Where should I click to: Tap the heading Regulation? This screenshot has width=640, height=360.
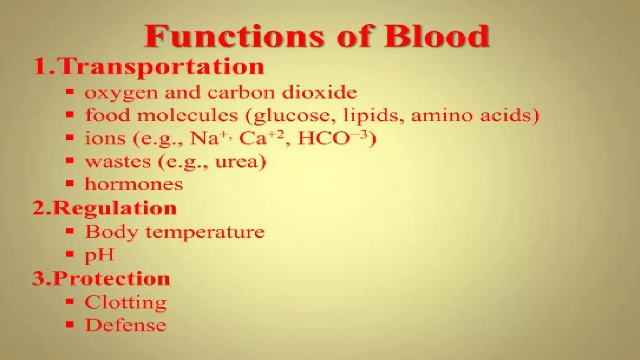(x=115, y=208)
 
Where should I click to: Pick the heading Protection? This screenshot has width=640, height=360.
(x=112, y=278)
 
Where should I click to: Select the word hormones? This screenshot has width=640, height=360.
(x=134, y=184)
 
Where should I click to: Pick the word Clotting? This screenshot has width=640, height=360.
(x=126, y=302)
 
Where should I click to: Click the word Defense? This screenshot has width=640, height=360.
(x=126, y=325)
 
